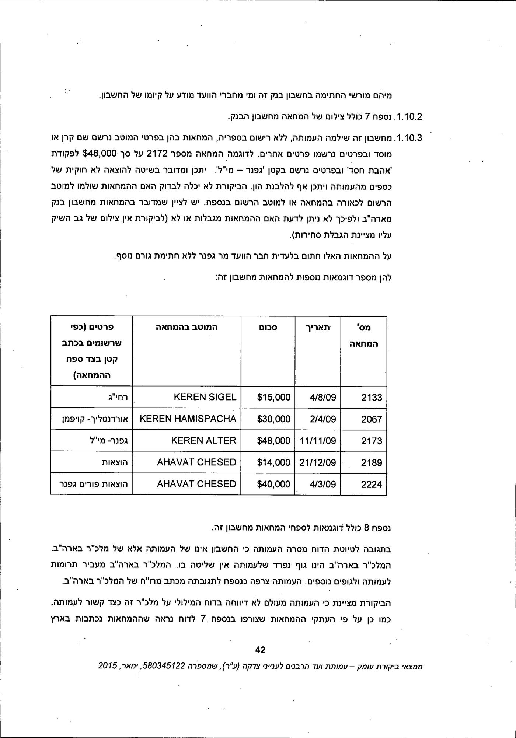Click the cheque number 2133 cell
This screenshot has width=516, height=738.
tap(371, 398)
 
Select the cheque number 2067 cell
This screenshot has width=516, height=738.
tap(371, 419)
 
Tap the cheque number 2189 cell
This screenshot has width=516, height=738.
tap(371, 462)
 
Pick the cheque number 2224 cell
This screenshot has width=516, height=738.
tap(371, 484)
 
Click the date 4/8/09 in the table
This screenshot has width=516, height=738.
tap(323, 398)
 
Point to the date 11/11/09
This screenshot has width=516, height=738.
tap(318, 441)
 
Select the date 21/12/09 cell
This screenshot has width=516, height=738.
tap(318, 462)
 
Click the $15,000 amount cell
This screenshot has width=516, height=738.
tap(273, 398)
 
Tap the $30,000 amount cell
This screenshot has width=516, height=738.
tap(273, 419)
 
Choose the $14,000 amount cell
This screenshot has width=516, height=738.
tap(273, 462)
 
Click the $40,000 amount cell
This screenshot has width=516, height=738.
tap(273, 484)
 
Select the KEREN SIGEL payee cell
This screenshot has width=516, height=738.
tap(205, 397)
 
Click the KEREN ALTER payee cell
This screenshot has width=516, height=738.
tap(203, 441)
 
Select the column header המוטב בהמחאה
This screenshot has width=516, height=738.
tap(186, 327)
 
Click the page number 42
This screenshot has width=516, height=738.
tap(260, 650)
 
